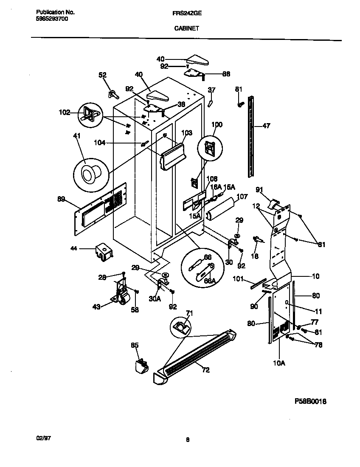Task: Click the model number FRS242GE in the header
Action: pos(187,13)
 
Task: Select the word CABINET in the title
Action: pos(187,28)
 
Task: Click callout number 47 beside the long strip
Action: pos(266,126)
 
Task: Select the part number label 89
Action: pos(61,198)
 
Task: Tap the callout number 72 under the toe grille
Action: pos(205,370)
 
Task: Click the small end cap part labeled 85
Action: pos(140,365)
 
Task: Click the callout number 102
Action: pos(64,113)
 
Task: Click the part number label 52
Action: pos(102,75)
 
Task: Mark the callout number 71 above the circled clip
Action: pos(189,313)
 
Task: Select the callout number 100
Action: pos(217,124)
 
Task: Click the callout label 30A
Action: pos(155,298)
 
